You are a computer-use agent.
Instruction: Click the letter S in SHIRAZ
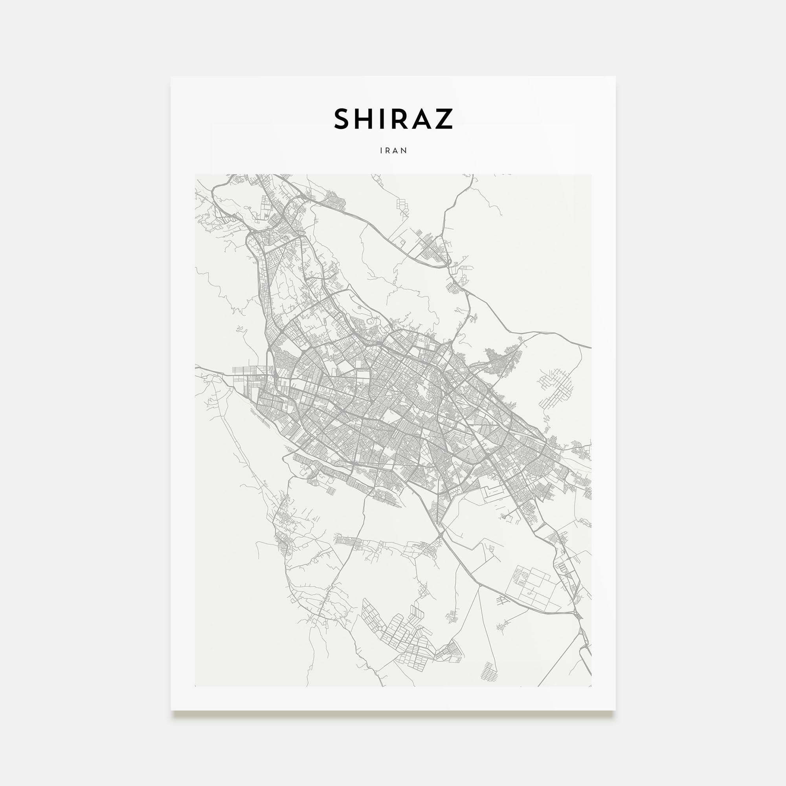342,119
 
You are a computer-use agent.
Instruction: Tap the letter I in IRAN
381,151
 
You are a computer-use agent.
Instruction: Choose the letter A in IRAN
397,151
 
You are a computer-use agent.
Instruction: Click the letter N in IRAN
405,151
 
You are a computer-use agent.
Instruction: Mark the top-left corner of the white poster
171,77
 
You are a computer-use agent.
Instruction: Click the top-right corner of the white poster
615,77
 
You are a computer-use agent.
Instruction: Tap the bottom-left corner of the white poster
171,710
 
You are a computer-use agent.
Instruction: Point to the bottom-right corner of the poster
615,710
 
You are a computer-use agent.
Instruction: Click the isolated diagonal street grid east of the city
555,389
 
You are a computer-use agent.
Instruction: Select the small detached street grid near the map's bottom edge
488,671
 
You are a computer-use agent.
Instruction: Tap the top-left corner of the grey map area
195,174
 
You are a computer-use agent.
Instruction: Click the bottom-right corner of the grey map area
591,686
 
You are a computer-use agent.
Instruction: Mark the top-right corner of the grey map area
591,174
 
